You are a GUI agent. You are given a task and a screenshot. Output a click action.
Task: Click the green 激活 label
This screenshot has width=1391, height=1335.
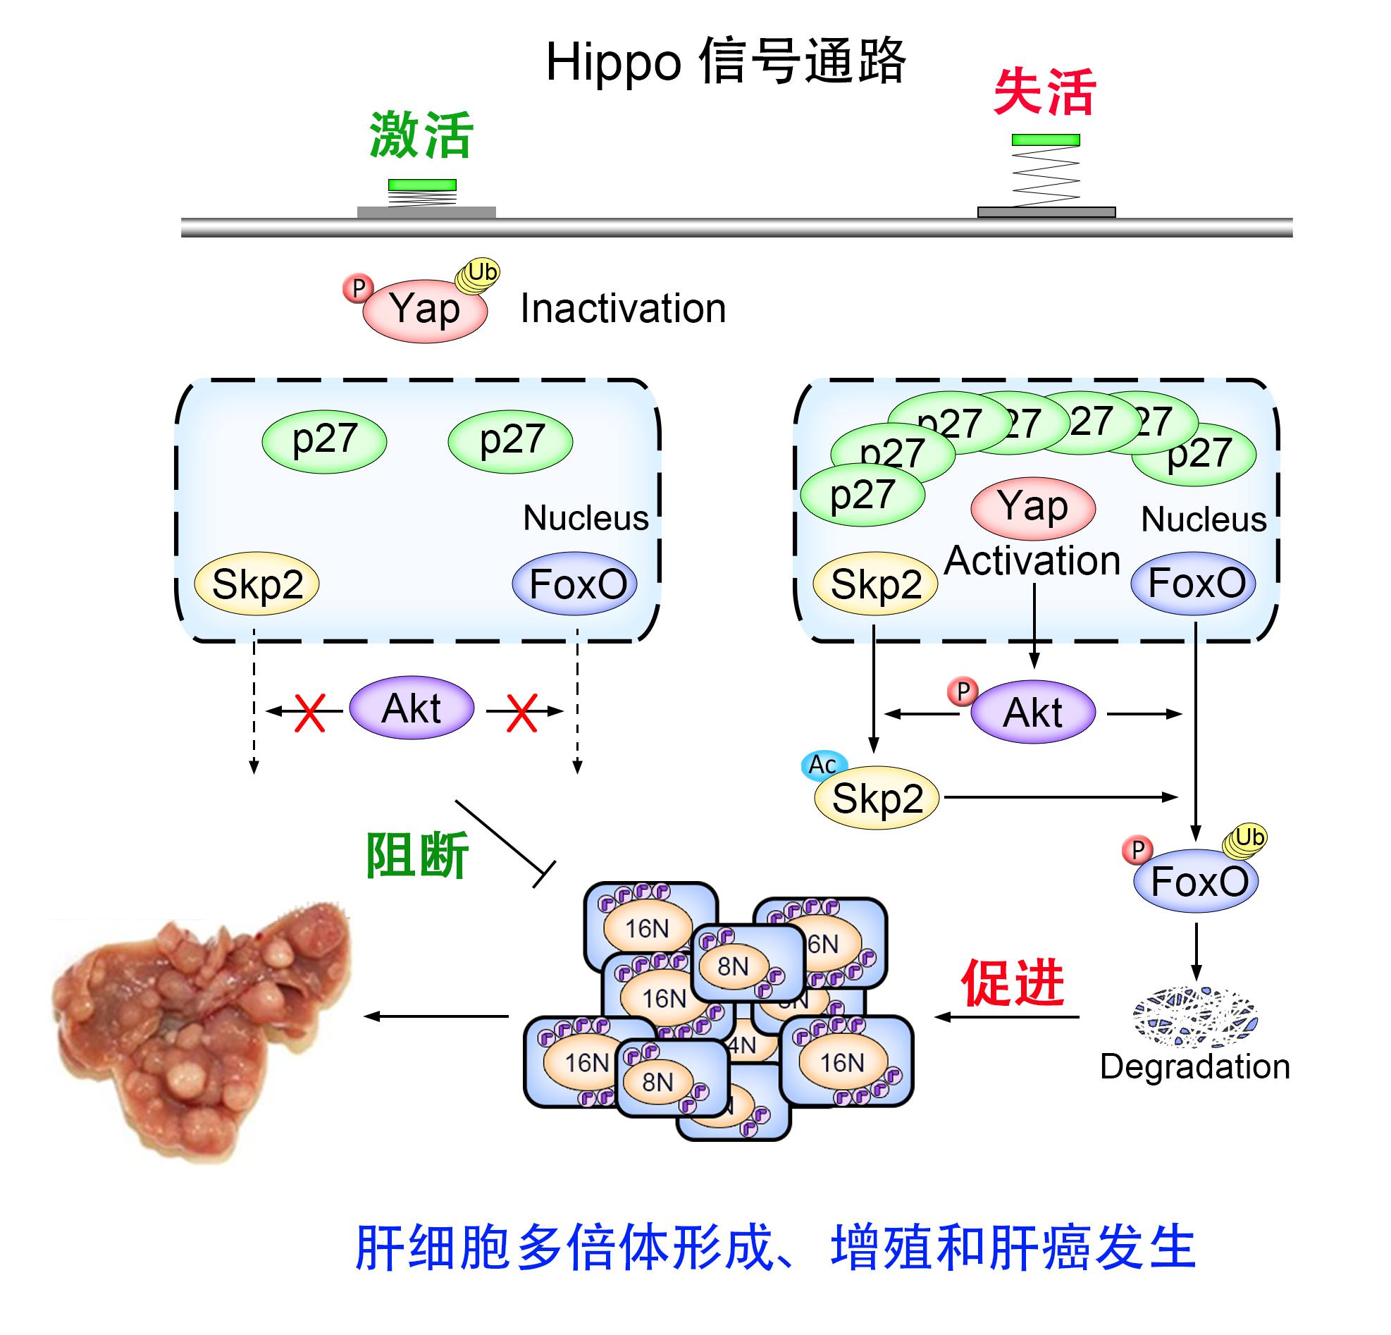coord(421,135)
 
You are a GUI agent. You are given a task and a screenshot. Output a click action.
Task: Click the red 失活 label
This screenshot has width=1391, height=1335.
coord(1044,92)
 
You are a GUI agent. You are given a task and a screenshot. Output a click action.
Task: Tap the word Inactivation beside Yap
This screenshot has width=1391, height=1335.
coord(622,309)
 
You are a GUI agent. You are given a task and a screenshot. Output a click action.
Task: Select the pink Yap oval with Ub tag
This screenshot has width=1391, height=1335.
coord(424,310)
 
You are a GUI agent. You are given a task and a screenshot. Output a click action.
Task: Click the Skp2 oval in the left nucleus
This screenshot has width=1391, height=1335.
coord(257,584)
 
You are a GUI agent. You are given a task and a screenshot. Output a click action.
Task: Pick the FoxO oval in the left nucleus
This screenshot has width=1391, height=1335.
coord(575,584)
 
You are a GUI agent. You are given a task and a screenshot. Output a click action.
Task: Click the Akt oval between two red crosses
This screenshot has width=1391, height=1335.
coord(412,708)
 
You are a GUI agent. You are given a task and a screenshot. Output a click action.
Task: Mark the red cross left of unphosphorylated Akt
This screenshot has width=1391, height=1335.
coord(309,712)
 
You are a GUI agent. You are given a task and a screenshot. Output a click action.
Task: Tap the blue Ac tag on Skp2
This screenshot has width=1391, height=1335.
coord(823,764)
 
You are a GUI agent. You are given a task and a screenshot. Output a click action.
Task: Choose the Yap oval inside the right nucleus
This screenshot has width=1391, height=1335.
coord(1032,507)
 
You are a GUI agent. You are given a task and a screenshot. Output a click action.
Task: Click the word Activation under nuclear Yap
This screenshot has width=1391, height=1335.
coord(1032,560)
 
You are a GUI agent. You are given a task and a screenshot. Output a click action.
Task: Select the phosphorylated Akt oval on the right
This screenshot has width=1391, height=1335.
coord(1032,712)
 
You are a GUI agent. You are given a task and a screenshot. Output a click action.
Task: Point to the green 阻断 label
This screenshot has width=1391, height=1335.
coord(416,855)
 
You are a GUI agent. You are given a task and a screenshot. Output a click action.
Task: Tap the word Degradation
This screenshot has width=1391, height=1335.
coord(1195,1066)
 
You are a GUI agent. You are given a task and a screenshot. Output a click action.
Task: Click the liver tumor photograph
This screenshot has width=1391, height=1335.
coord(202,1029)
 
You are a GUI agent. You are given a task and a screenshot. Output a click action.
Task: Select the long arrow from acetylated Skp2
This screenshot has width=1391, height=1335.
coord(1061,797)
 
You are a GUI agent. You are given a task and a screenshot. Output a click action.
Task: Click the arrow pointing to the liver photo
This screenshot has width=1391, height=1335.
coord(436,1016)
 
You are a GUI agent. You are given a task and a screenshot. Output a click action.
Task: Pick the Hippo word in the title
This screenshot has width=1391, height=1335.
coord(614,63)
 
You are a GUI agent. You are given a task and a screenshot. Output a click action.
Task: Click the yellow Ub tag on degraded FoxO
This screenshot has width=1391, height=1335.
coord(1248,838)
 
